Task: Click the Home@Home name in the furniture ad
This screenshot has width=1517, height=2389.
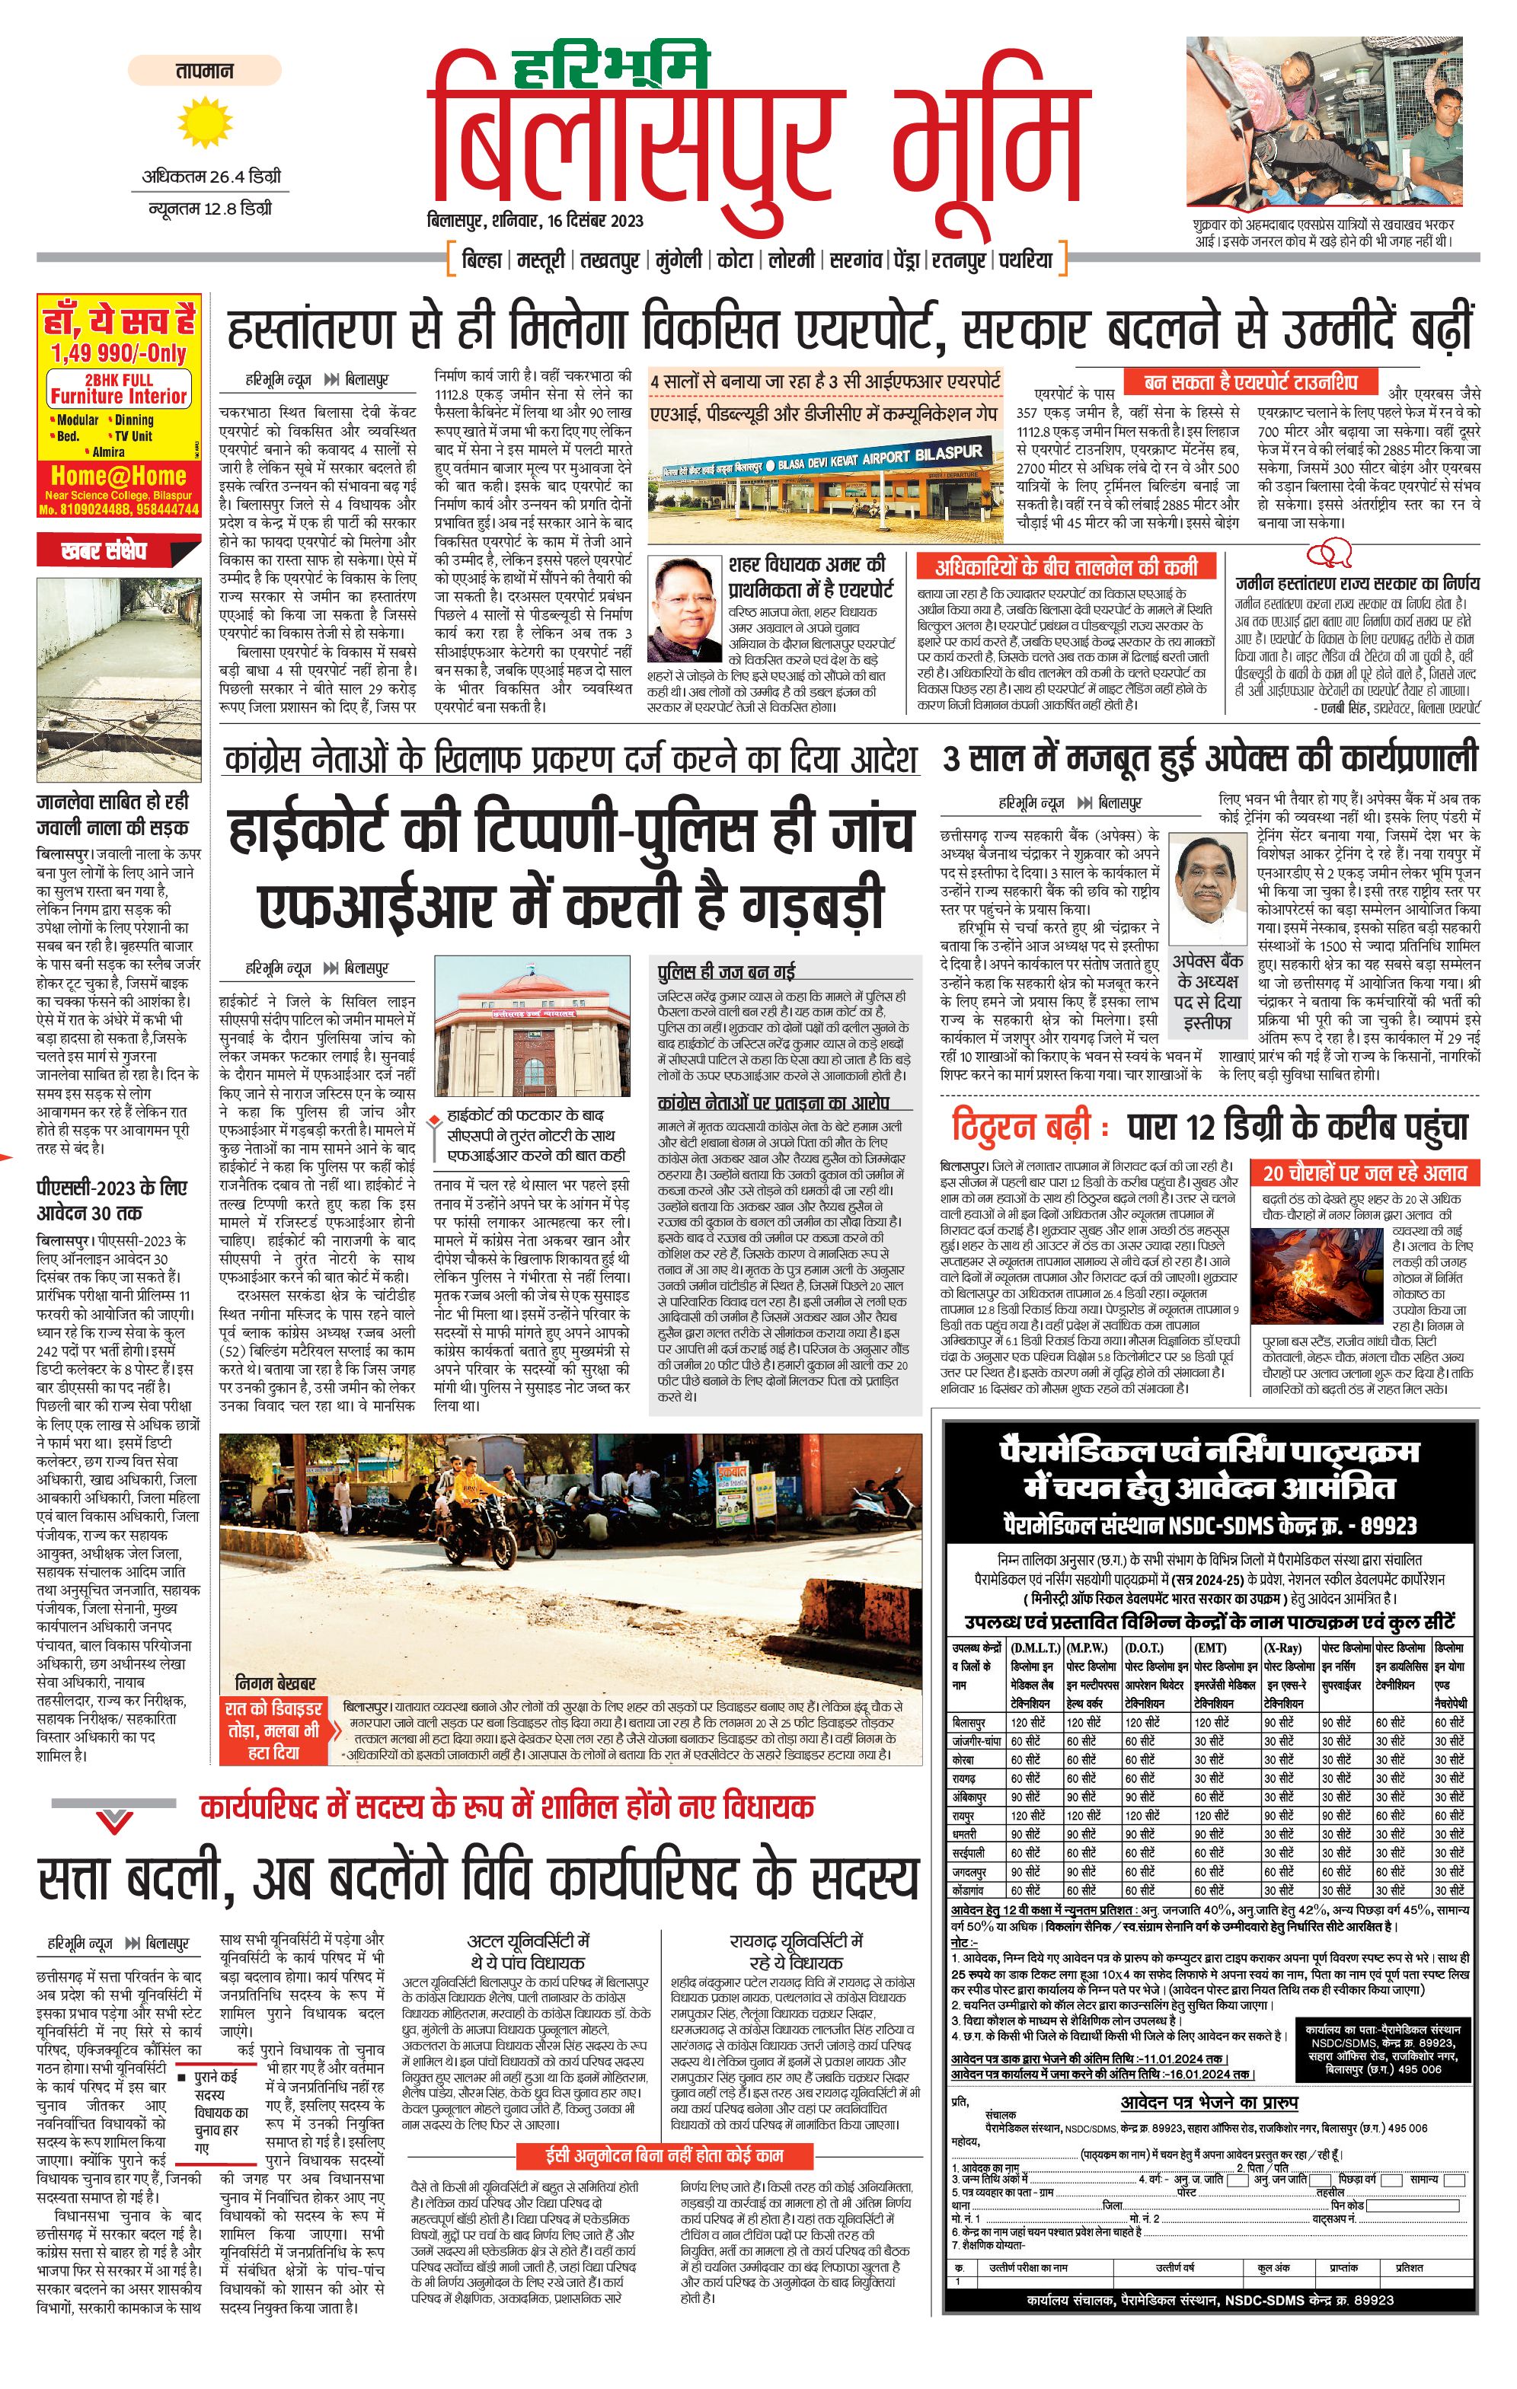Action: (x=118, y=475)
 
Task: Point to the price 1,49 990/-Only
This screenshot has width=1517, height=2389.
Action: (x=119, y=352)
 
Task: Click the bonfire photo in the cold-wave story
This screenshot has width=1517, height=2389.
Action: (x=1317, y=1271)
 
